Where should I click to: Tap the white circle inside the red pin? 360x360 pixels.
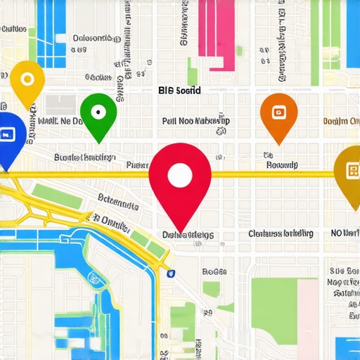pyautogui.click(x=180, y=175)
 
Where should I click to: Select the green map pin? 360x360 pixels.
pyautogui.click(x=98, y=115)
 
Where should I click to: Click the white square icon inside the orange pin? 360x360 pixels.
pyautogui.click(x=278, y=111)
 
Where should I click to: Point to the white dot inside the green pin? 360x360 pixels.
pyautogui.click(x=98, y=110)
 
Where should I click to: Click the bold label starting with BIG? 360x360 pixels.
pyautogui.click(x=179, y=91)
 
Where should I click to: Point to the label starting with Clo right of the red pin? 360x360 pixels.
pyautogui.click(x=281, y=233)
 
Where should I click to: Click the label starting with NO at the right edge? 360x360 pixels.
pyautogui.click(x=345, y=233)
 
